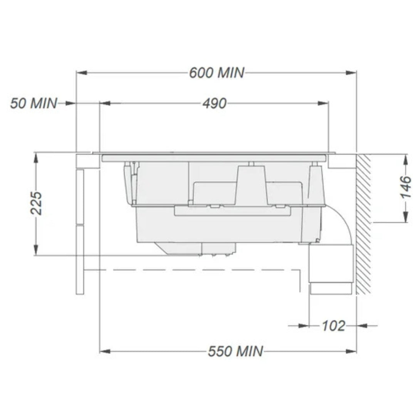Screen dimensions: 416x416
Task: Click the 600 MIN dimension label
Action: tap(216, 72)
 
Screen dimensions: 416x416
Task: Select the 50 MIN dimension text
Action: tap(34, 103)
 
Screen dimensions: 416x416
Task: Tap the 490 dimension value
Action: tap(214, 103)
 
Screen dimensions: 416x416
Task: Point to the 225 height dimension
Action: tap(37, 203)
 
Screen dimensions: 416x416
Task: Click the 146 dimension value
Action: tap(405, 188)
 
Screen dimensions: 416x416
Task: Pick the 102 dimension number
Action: tap(333, 326)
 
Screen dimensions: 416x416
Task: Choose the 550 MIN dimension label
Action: tap(236, 351)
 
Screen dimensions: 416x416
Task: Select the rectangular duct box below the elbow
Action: tap(331, 264)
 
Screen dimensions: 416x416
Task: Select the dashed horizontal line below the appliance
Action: tap(193, 270)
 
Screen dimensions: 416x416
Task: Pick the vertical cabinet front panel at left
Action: tap(80, 231)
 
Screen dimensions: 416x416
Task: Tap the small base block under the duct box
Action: tap(330, 289)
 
